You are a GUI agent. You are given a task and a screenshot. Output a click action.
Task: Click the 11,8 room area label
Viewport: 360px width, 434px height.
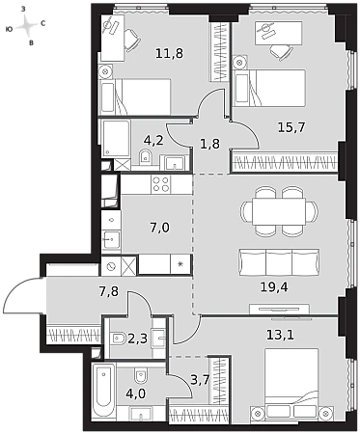(169, 53)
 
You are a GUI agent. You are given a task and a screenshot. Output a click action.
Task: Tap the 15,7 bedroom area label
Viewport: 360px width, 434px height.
(291, 127)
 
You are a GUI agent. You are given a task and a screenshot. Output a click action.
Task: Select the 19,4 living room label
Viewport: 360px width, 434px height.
(274, 286)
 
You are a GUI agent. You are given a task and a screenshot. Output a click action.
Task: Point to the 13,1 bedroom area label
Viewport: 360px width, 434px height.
(280, 335)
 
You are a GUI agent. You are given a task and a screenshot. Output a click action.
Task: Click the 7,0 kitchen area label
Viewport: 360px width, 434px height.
(159, 228)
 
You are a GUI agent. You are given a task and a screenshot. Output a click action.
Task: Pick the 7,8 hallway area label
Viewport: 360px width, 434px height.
(108, 291)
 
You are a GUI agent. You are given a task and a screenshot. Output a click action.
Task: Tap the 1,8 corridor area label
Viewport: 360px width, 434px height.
(209, 144)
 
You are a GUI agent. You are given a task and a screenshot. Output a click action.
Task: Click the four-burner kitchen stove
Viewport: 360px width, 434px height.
(161, 184)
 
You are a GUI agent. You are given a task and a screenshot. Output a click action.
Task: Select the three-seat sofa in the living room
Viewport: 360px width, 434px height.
(279, 262)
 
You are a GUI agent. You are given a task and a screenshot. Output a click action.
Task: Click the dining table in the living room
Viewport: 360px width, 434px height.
(279, 211)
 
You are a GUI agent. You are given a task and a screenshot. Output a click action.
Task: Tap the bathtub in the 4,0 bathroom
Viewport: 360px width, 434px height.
(103, 391)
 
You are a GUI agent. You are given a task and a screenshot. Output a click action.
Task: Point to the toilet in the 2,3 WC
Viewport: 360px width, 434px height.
(119, 339)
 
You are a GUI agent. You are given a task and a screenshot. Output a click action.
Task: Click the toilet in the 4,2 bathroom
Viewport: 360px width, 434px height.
(146, 156)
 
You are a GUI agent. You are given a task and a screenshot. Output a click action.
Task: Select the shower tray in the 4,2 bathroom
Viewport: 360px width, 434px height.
(116, 138)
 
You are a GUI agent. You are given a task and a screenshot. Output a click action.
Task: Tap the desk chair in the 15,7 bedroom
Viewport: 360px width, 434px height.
(281, 51)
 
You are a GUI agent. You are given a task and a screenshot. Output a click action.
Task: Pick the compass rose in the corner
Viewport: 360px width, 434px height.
(26, 26)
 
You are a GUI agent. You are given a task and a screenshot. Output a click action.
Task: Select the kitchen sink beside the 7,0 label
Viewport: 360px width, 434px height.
(111, 239)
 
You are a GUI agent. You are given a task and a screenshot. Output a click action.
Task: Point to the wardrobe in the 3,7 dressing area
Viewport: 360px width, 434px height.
(220, 381)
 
